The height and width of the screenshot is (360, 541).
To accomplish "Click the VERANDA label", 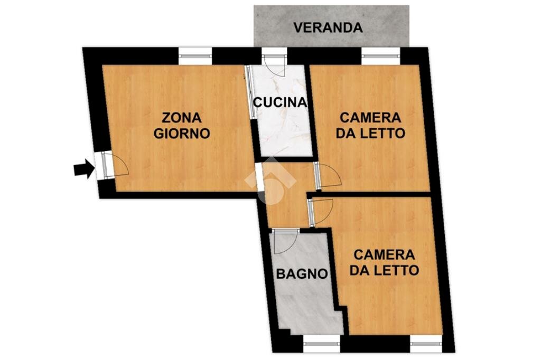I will pyautogui.click(x=328, y=27).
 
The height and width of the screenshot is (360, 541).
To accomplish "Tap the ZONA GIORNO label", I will pyautogui.click(x=182, y=125).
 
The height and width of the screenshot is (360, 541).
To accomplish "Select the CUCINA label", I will pyautogui.click(x=279, y=102).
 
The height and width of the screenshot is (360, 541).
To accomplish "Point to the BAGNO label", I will pyautogui.click(x=302, y=274).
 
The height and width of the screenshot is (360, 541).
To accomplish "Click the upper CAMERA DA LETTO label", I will pyautogui.click(x=370, y=125).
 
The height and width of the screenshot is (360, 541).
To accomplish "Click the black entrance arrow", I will pyautogui.click(x=82, y=169).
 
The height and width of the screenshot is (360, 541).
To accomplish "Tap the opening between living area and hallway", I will pyautogui.click(x=260, y=179).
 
